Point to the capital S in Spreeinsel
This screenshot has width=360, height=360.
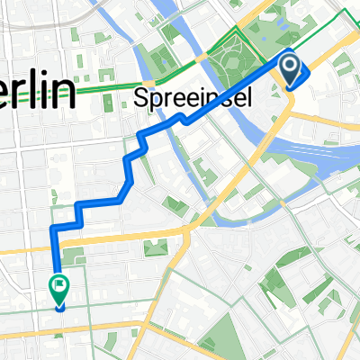pyautogui.click(x=140, y=95)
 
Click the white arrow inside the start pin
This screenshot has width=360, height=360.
pyautogui.click(x=290, y=65)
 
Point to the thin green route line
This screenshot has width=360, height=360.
pyautogui.click(x=108, y=88)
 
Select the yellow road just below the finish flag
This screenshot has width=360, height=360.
pyautogui.click(x=90, y=326)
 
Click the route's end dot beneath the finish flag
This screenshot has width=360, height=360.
pyautogui.click(x=60, y=306)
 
